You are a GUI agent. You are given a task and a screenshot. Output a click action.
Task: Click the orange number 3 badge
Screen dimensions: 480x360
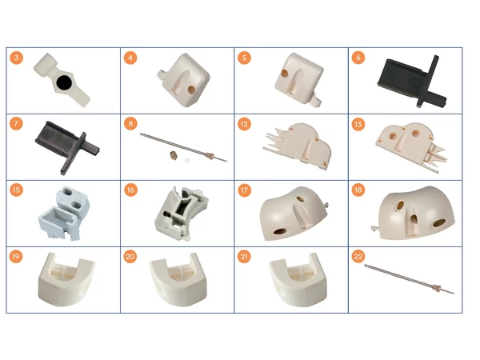[16, 58]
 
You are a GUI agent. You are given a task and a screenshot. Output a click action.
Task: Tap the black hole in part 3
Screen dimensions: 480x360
[65, 82]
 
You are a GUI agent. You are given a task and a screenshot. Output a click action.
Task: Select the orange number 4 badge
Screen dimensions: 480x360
[130, 58]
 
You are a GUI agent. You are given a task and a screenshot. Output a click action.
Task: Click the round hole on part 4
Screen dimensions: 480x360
[191, 90]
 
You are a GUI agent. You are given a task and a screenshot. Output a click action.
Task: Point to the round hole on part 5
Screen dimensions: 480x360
[284, 74]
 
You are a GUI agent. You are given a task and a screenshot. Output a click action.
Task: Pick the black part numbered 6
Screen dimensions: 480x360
[412, 81]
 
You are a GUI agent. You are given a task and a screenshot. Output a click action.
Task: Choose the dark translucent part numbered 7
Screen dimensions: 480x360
[68, 147]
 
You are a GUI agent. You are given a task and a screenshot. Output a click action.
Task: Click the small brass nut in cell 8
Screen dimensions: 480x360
[174, 155]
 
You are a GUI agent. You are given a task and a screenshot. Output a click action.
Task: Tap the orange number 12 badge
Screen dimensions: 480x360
[244, 124]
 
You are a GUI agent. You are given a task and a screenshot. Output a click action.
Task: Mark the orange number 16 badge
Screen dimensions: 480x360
[130, 190]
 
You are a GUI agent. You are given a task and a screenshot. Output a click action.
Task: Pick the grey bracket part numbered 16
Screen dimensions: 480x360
[182, 214]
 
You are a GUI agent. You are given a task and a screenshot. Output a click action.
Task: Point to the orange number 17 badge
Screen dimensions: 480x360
[244, 190]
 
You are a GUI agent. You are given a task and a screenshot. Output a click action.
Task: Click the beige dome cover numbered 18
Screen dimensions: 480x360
[414, 213]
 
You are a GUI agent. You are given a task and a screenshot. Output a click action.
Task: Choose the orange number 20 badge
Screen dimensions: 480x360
[130, 256]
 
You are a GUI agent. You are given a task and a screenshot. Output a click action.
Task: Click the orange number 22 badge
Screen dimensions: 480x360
[358, 256]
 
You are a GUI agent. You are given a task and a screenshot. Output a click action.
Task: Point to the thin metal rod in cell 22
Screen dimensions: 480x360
[410, 279]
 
